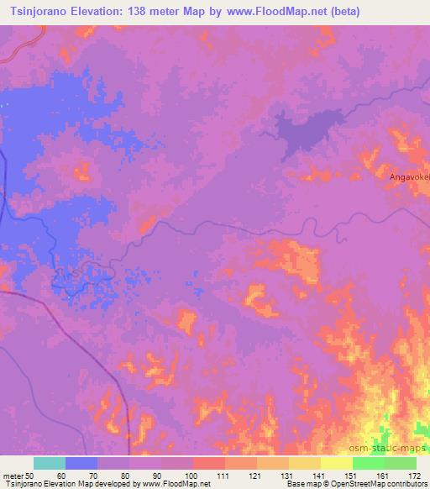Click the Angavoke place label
[409, 177]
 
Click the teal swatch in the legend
[50, 463]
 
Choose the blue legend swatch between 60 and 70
[81, 463]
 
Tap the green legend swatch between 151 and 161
[368, 463]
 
